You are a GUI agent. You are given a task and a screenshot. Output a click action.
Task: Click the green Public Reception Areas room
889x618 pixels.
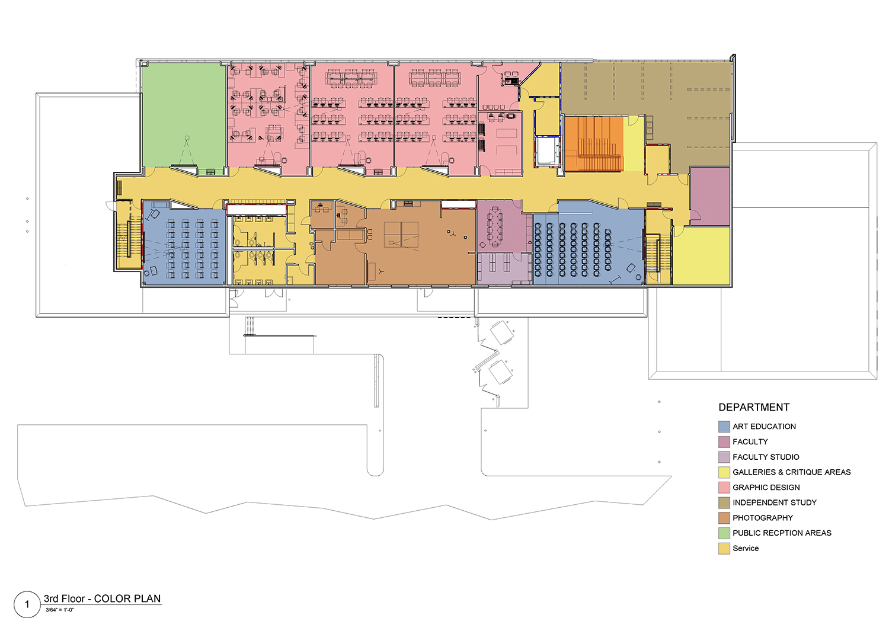pyautogui.click(x=184, y=115)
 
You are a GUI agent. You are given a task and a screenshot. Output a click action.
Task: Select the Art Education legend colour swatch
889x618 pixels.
pyautogui.click(x=724, y=427)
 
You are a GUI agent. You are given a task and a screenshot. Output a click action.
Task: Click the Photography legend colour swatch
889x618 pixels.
pyautogui.click(x=724, y=518)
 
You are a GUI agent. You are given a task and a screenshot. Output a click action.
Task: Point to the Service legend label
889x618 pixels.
pyautogui.click(x=746, y=548)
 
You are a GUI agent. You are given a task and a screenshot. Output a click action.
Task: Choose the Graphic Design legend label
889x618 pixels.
pyautogui.click(x=766, y=488)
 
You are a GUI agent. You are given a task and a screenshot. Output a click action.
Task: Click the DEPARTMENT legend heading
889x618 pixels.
pyautogui.click(x=754, y=408)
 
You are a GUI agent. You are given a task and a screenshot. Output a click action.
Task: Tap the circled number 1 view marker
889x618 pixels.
pyautogui.click(x=27, y=604)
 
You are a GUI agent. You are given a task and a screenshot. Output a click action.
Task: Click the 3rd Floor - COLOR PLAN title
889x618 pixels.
pyautogui.click(x=102, y=598)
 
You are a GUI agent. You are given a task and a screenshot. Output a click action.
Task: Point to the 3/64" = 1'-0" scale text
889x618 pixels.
pyautogui.click(x=59, y=610)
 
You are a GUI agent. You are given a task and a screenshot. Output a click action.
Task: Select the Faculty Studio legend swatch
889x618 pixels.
pyautogui.click(x=724, y=457)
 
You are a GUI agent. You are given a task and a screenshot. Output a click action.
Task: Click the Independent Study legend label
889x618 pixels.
pyautogui.click(x=774, y=502)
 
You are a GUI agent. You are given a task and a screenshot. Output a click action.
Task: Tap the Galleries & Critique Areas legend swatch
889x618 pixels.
pyautogui.click(x=724, y=472)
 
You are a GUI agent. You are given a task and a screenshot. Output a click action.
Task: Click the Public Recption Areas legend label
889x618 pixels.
pyautogui.click(x=782, y=533)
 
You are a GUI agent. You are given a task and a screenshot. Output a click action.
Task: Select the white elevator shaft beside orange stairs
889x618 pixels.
pyautogui.click(x=548, y=151)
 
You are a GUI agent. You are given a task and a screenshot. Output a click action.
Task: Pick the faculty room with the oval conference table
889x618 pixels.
pyautogui.click(x=500, y=227)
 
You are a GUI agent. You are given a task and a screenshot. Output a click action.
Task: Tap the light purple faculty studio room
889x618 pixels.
pyautogui.click(x=504, y=269)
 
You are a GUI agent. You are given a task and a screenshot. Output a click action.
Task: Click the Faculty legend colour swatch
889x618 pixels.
pyautogui.click(x=724, y=442)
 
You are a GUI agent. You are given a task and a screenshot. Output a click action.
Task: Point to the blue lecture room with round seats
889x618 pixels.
pyautogui.click(x=588, y=248)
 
